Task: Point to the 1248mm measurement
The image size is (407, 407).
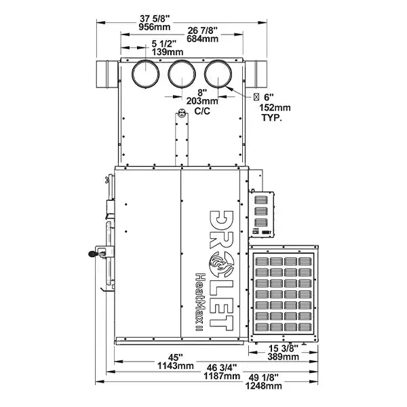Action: click(265, 386)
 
